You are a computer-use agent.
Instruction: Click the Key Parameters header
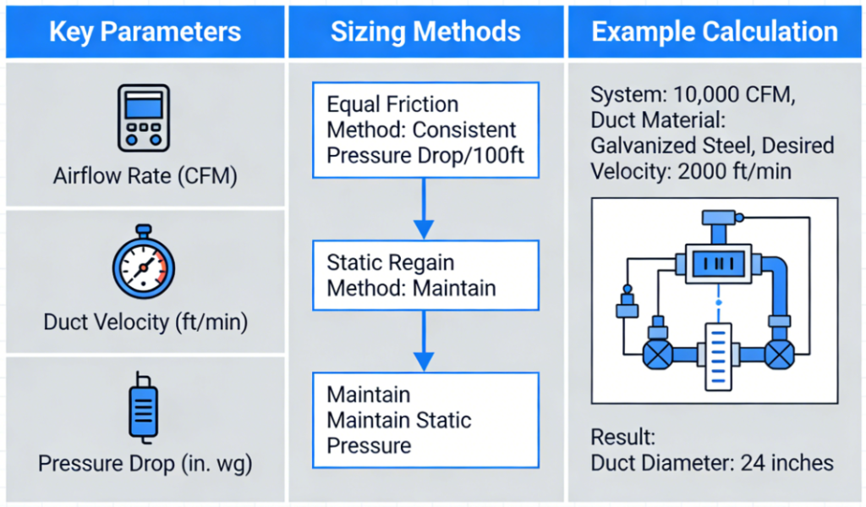pos(145,31)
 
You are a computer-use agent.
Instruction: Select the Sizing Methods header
pos(425,31)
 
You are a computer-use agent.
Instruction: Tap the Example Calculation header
pos(715,31)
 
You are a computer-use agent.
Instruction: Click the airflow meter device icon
pos(144,118)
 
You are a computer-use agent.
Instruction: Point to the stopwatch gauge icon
pos(144,262)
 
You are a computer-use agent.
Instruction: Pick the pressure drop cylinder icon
pos(144,407)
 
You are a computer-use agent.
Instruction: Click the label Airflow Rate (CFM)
pos(145,176)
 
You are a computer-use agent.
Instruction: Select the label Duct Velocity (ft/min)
pos(145,322)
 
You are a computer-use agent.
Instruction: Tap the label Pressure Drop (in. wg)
pos(145,463)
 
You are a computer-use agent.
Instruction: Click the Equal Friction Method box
pos(425,130)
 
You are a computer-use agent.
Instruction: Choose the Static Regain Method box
pos(425,275)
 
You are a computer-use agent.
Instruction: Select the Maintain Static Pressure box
pos(425,420)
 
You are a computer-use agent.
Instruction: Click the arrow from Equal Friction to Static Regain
pos(424,209)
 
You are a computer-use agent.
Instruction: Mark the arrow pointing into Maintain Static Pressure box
pos(424,341)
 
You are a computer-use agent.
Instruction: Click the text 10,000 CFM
pos(734,95)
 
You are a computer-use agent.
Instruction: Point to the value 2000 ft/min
pos(734,171)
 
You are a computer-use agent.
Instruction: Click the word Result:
pos(623,438)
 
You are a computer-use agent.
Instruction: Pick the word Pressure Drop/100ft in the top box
pos(425,156)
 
